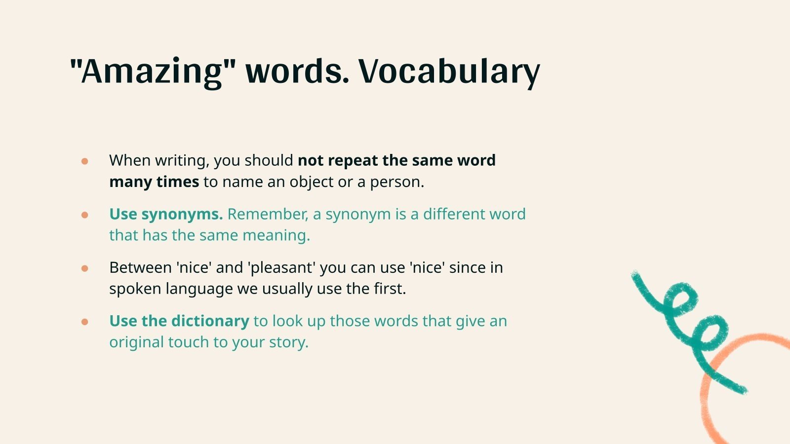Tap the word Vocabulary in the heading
pos(449,72)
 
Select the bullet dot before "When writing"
pos(85,161)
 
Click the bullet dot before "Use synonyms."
pos(85,215)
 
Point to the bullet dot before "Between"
pos(85,268)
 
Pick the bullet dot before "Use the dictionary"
pos(85,322)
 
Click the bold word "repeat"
pos(353,161)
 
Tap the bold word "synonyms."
pos(182,215)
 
